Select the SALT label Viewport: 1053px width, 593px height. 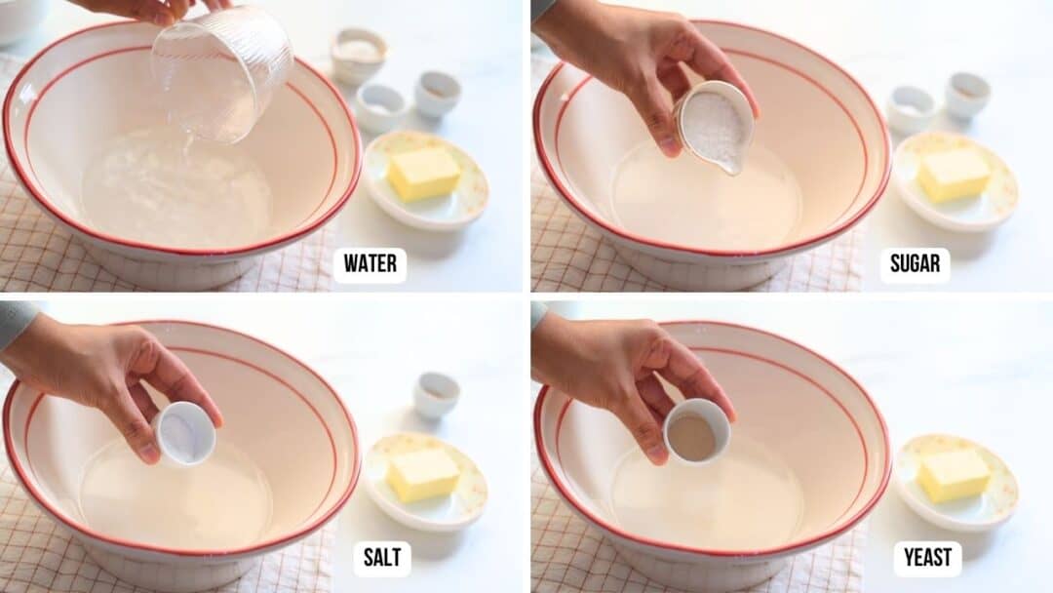coord(381,559)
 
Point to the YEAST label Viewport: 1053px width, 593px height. coord(927,559)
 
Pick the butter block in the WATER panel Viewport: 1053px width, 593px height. coord(424,174)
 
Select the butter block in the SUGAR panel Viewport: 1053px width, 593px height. coord(954,175)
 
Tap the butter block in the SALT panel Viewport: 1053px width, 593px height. coord(424,474)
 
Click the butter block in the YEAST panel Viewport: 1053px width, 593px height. coord(954,475)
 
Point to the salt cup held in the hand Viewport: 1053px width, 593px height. coord(184,433)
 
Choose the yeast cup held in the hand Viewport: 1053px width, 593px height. coord(696,430)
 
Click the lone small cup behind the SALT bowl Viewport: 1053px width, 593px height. coord(436,395)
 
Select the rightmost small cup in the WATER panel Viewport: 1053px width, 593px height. coord(438,95)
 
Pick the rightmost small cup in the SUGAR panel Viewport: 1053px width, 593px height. coord(967,96)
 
